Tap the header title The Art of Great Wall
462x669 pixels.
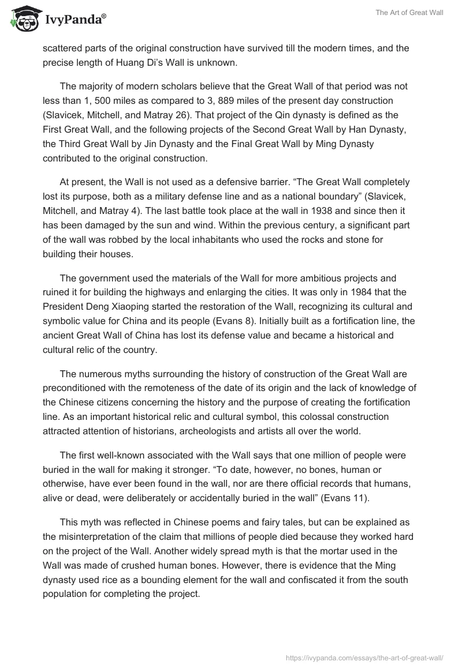(x=411, y=13)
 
